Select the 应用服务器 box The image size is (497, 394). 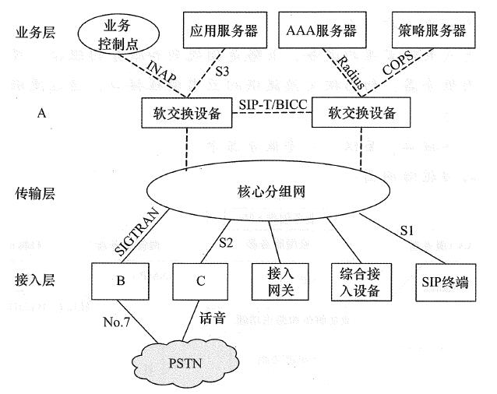click(221, 31)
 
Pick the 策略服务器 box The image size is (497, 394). click(429, 31)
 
